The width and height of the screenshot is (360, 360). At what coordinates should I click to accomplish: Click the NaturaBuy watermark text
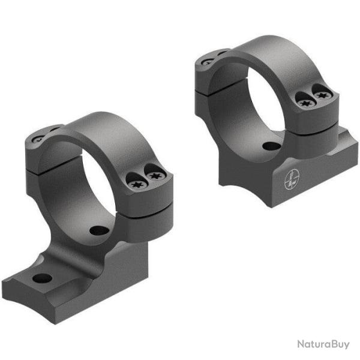[x=323, y=344]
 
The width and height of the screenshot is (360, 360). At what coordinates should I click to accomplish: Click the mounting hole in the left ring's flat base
[x=42, y=277]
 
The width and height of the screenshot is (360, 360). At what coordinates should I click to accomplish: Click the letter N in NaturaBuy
[x=300, y=344]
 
